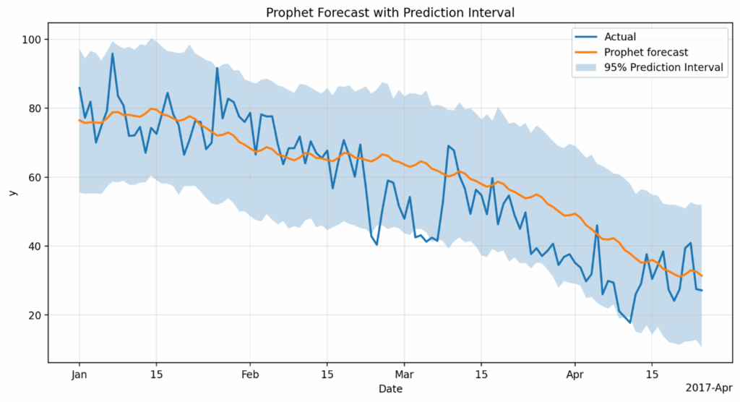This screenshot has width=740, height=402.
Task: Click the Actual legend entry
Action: pos(621,36)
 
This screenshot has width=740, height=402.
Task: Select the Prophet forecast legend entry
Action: pos(645,52)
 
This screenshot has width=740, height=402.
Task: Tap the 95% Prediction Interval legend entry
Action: pos(663,68)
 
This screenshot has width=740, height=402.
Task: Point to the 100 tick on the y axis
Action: pos(33,39)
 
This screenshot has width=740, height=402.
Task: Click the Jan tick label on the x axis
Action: pos(79,375)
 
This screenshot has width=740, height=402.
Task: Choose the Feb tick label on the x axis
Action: pos(250,375)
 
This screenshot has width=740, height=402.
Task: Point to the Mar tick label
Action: pos(405,375)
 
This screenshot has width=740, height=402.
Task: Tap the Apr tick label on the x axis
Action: pos(575,375)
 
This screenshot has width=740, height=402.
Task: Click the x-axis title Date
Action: pos(390,389)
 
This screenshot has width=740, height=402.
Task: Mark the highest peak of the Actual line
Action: pos(113,53)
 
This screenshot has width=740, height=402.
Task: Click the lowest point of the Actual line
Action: pos(630,322)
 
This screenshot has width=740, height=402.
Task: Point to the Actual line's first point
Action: pos(79,87)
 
